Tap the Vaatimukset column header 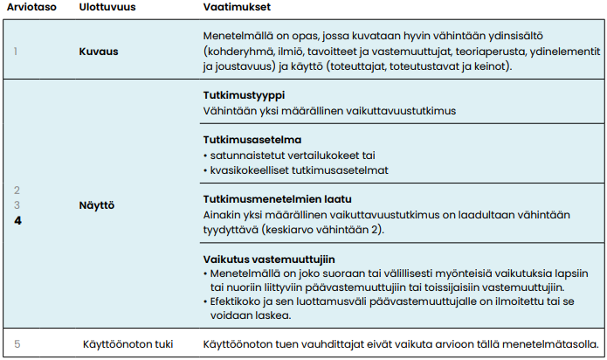[232, 8]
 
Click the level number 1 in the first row [15, 51]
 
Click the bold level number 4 [17, 220]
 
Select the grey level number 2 [17, 190]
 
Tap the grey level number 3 [17, 204]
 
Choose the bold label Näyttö [98, 205]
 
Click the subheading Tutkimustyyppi [243, 95]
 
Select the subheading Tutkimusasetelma [252, 140]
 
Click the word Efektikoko [235, 302]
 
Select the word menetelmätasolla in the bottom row [550, 343]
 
